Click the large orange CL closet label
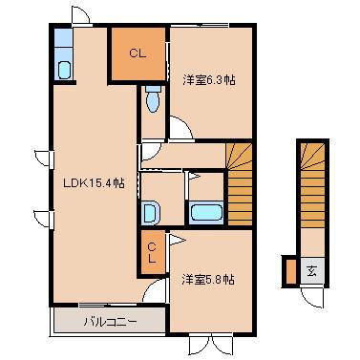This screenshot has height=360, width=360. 137,54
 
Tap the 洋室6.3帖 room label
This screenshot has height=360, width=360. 209,80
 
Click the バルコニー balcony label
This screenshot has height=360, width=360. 109,321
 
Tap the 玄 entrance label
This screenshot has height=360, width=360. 312,270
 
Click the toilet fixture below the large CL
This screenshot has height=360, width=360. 153,99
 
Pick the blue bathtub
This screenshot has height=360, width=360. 206,212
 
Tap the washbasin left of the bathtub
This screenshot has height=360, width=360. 151,212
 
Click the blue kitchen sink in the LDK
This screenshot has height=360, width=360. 63,69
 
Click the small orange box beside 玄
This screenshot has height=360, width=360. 290,271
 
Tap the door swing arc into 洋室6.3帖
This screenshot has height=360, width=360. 180,127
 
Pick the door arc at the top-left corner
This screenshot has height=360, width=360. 80,16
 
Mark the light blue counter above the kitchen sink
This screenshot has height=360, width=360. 63,42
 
